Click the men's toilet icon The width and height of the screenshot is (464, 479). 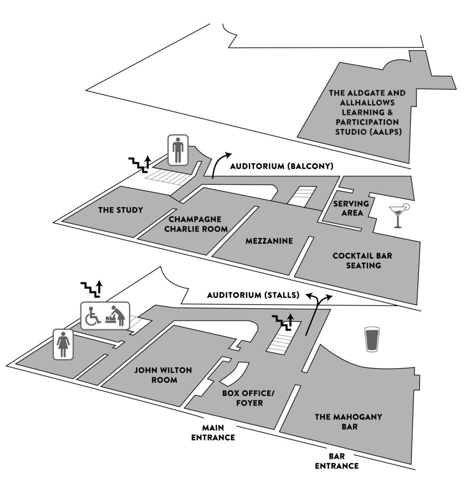178,150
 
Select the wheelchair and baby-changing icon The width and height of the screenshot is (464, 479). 106,316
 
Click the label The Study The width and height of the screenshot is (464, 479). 121,210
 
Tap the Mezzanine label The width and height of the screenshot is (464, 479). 269,241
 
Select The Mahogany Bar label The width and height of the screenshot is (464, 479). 336,421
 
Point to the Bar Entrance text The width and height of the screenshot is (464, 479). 336,461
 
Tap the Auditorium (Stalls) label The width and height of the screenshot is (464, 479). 253,295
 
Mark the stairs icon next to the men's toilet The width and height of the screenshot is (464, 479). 139,164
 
